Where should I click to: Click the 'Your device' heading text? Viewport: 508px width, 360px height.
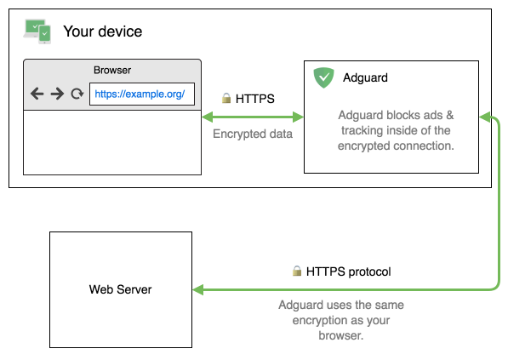(102, 32)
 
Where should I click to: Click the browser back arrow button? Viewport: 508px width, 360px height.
(37, 94)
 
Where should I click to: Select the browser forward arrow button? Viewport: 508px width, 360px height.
(57, 94)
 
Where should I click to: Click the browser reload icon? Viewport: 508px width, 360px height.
(77, 94)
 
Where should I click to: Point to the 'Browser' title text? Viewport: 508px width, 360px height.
(112, 71)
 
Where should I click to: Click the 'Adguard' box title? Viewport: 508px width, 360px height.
(365, 77)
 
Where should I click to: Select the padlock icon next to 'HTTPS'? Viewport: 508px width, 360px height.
(226, 99)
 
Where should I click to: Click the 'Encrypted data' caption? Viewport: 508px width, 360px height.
(253, 134)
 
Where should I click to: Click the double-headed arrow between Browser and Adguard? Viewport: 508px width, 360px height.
(253, 116)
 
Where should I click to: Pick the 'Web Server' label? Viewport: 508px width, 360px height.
(121, 289)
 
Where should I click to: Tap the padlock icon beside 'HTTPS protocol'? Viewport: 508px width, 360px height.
(297, 271)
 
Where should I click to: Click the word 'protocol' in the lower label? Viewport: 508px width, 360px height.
(369, 271)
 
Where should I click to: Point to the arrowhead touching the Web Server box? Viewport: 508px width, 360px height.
(198, 289)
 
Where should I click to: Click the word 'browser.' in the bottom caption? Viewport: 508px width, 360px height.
(341, 335)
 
